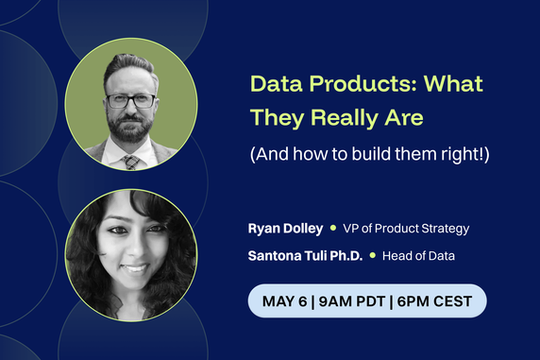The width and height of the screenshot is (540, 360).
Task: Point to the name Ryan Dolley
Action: (284, 229)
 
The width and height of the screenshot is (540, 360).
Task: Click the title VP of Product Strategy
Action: (405, 229)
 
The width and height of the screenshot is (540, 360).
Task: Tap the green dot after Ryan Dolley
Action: (333, 229)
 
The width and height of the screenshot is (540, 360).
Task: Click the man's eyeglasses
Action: (130, 99)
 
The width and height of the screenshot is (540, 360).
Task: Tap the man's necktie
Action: (131, 162)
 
